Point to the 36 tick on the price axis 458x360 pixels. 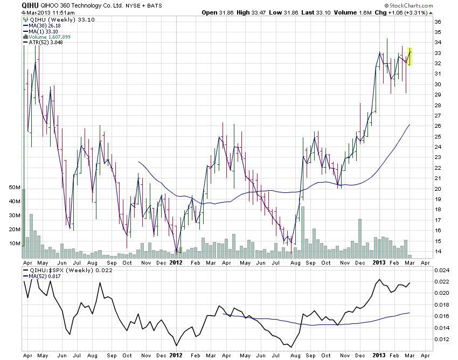(x=438, y=22)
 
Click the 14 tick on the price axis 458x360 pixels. (x=438, y=252)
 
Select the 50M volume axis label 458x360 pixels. (x=15, y=188)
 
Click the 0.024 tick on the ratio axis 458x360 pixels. (x=441, y=270)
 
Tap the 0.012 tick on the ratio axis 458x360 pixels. (x=441, y=339)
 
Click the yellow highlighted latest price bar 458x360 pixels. (x=410, y=57)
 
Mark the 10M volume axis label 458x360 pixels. (x=15, y=244)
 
